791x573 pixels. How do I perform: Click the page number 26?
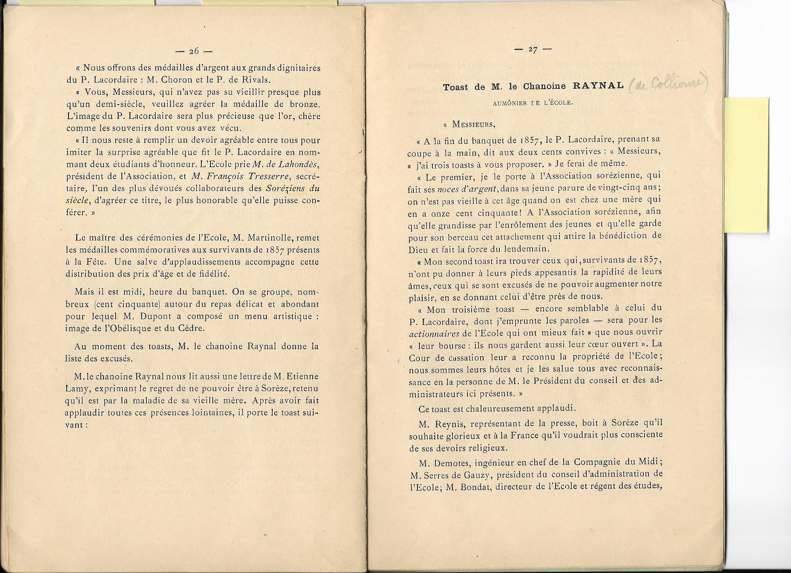(x=194, y=51)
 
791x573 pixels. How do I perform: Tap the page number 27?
(x=532, y=49)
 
